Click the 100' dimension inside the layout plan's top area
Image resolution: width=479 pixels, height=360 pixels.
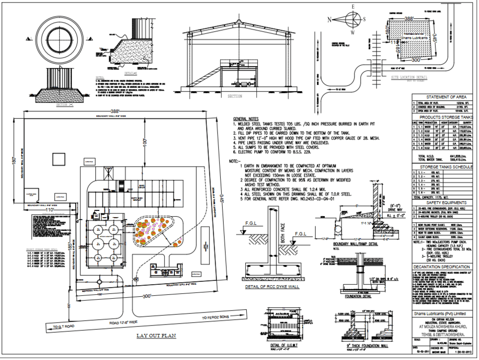[x=143, y=142]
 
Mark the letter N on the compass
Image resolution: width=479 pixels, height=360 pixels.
[x=330, y=20]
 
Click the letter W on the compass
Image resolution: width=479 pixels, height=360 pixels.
[x=353, y=33]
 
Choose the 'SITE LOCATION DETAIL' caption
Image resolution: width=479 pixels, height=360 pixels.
[x=409, y=77]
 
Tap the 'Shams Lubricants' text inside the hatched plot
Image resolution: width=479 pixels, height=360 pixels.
[x=406, y=37]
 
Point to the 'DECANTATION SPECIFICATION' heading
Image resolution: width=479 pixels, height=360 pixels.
[x=443, y=267]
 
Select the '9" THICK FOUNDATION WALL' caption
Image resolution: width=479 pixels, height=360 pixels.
[x=367, y=345]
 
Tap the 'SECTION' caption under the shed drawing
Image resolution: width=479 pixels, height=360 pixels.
[x=235, y=96]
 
